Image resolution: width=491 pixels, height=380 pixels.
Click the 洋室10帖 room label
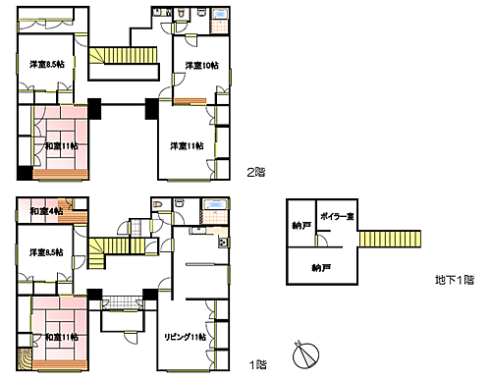pos(201,66)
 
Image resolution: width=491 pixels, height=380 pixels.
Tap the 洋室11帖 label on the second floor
pos(187,146)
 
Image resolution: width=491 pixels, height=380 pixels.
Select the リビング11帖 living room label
pos(185,337)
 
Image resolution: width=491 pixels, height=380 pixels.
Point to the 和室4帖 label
pos(46,211)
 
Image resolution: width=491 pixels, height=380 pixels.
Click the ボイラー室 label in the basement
pos(336,216)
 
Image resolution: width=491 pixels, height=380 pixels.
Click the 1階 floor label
pos(258,364)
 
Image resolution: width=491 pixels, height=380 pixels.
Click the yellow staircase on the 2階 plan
pos(124,57)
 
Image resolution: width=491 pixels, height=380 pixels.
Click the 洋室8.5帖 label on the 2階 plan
pos(46,65)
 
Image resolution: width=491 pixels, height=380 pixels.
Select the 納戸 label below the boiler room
pos(320,267)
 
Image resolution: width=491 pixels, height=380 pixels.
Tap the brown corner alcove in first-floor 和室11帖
pos(25,357)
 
